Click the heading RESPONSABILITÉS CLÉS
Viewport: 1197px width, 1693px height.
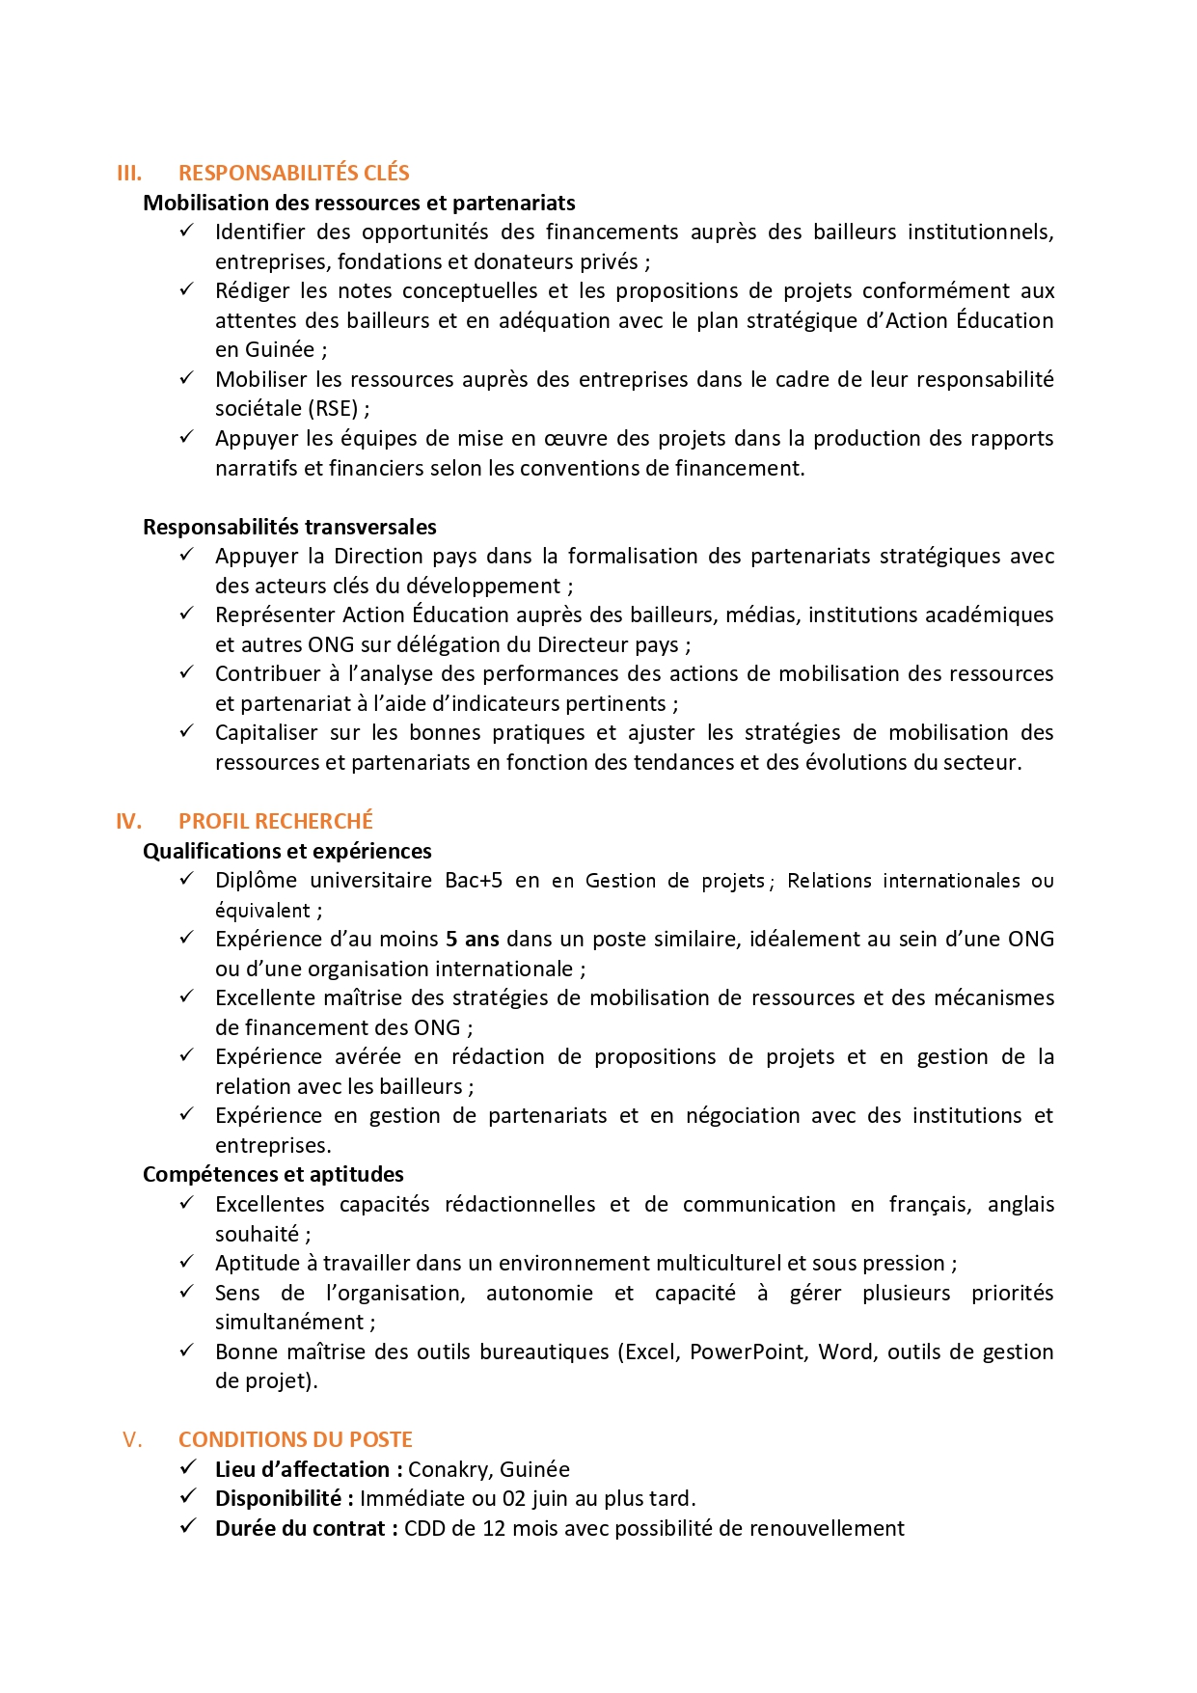(293, 174)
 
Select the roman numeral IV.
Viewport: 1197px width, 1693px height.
(128, 822)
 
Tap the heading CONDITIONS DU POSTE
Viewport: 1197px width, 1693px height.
(295, 1440)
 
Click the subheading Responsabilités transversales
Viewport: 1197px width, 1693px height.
(289, 527)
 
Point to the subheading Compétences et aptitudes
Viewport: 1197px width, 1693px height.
(273, 1175)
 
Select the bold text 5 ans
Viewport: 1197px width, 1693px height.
(472, 940)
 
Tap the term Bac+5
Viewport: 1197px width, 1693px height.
(474, 881)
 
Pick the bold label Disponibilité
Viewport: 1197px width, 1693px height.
(278, 1499)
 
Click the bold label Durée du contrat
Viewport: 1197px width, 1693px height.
(300, 1529)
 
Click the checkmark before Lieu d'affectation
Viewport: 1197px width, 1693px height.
(188, 1468)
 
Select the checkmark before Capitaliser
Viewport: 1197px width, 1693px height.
(187, 731)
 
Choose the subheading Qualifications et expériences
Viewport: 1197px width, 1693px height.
(286, 851)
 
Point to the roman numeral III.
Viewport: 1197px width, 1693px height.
(128, 174)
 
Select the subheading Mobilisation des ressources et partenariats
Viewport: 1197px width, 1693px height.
(359, 203)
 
